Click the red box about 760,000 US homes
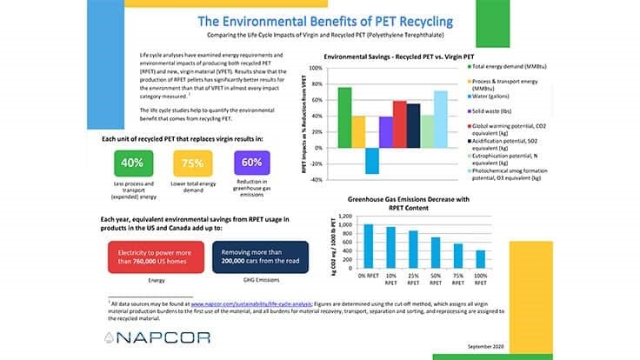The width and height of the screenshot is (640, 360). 157,253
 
